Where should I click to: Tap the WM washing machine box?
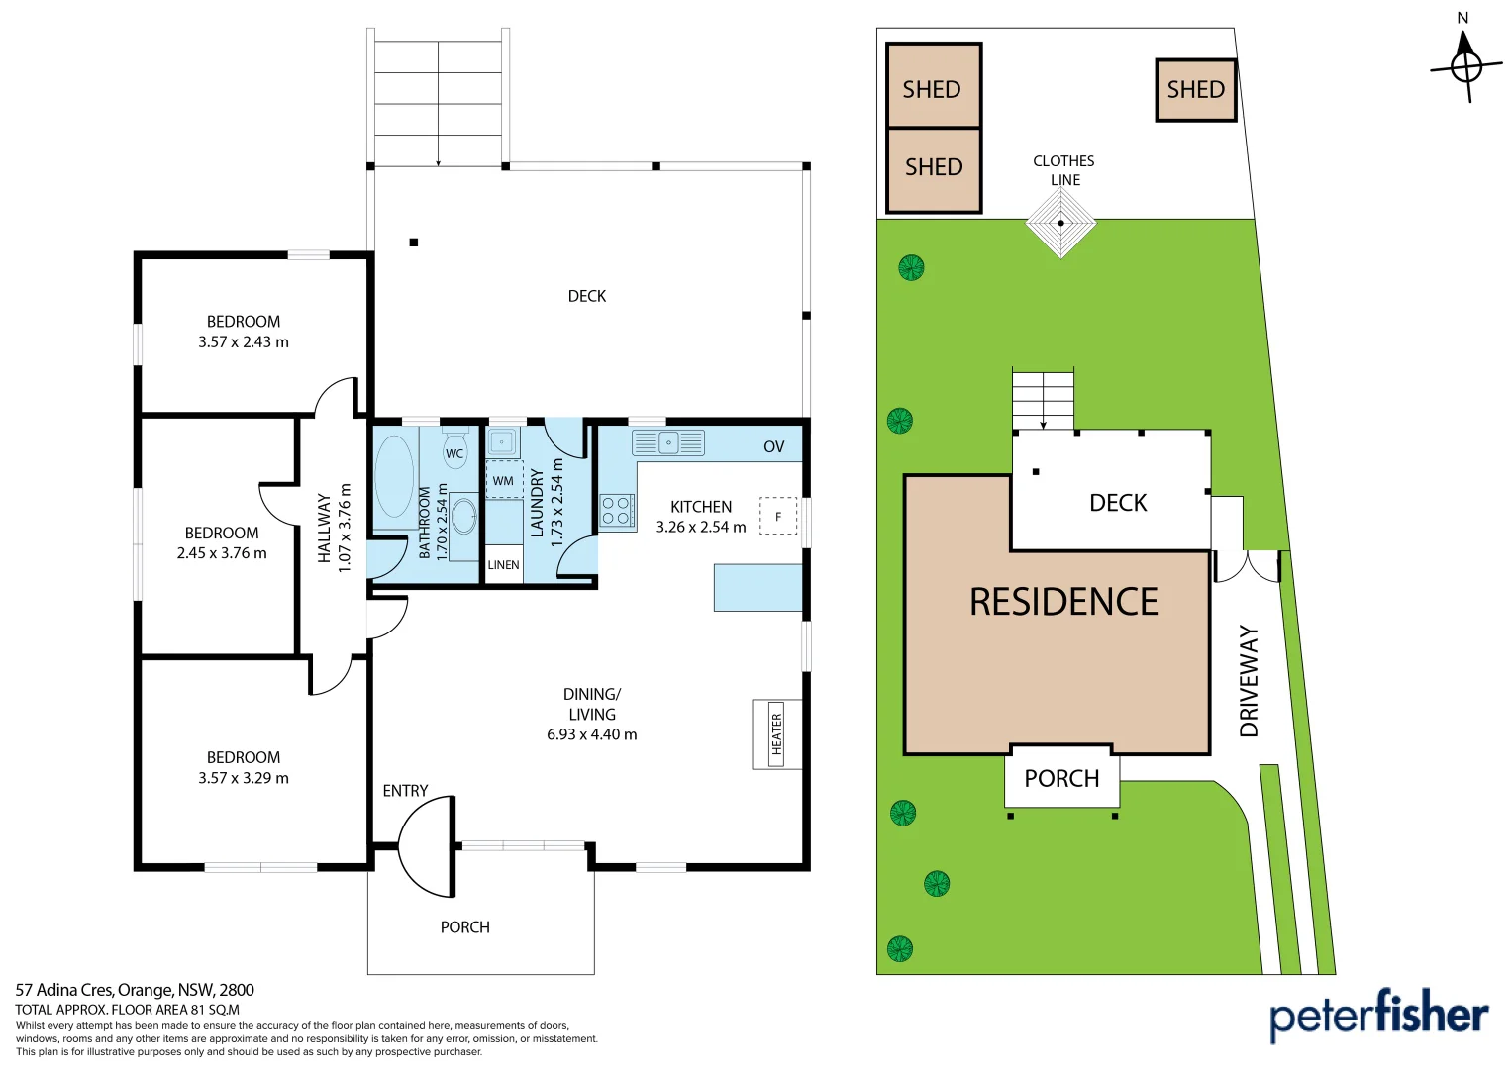click(504, 480)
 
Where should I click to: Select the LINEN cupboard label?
click(503, 565)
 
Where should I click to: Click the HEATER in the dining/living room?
click(776, 734)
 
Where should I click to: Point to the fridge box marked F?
click(778, 516)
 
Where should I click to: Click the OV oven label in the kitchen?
click(773, 447)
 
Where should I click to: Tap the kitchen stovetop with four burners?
click(616, 511)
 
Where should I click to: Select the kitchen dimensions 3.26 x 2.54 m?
click(701, 528)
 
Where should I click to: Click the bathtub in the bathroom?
click(394, 476)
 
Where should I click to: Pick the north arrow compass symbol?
click(1465, 65)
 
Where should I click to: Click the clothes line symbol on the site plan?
click(1060, 223)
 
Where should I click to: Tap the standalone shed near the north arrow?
click(1196, 90)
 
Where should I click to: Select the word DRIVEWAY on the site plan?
click(1249, 681)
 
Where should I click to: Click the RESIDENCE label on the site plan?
click(1063, 602)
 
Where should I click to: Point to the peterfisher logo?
click(1378, 1015)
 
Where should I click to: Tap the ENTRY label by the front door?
click(405, 791)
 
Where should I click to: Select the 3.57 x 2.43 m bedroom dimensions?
click(244, 342)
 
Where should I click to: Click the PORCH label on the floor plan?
click(464, 927)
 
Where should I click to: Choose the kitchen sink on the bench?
click(668, 442)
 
